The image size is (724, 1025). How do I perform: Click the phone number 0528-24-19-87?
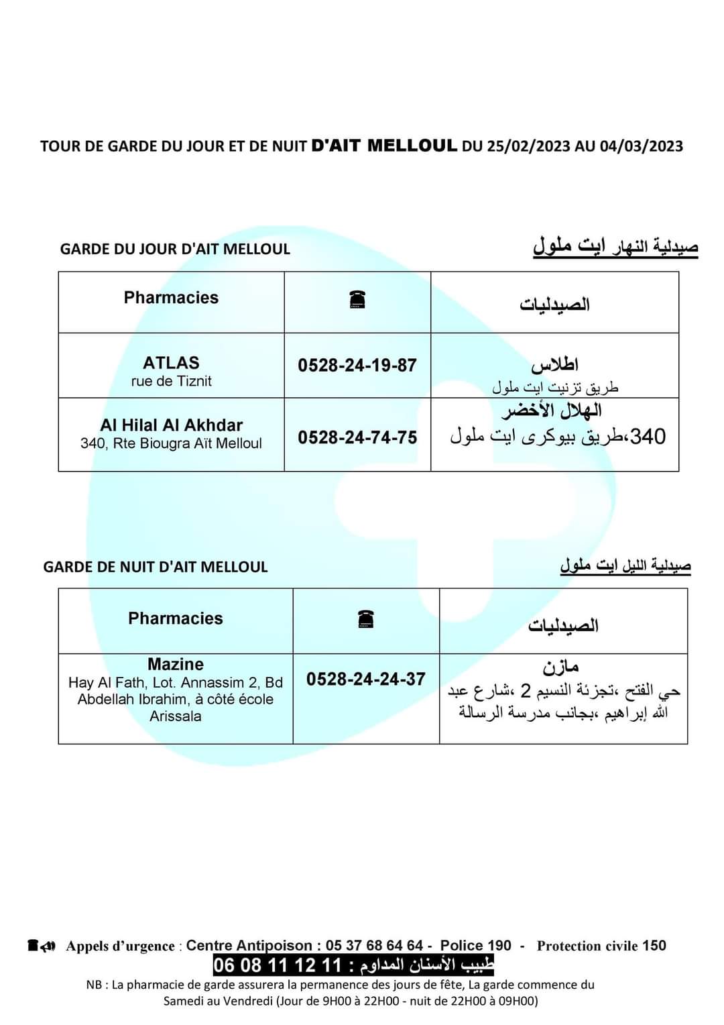(357, 366)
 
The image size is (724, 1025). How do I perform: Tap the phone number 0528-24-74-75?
(357, 437)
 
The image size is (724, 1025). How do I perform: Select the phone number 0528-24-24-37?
(366, 679)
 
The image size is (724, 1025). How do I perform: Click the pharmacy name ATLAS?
(171, 363)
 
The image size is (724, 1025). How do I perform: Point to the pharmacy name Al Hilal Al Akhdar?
(171, 425)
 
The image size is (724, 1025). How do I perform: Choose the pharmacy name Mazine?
(176, 664)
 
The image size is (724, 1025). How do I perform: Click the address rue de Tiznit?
(171, 382)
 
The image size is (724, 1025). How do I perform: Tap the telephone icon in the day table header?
(357, 300)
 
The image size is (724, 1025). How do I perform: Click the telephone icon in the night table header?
(366, 619)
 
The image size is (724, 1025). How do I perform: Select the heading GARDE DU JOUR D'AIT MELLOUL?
(175, 249)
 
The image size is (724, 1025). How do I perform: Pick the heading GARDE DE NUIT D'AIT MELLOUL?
(156, 567)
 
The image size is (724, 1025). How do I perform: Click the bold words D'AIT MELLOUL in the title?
(385, 146)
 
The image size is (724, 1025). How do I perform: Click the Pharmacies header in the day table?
(171, 298)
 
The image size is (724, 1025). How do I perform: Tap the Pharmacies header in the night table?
(176, 618)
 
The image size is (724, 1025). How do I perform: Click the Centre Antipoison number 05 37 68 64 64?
(374, 946)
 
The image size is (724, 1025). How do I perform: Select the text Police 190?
(475, 946)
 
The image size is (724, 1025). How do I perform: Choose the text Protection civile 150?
(601, 946)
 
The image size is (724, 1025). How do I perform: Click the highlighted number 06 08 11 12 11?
(278, 966)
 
